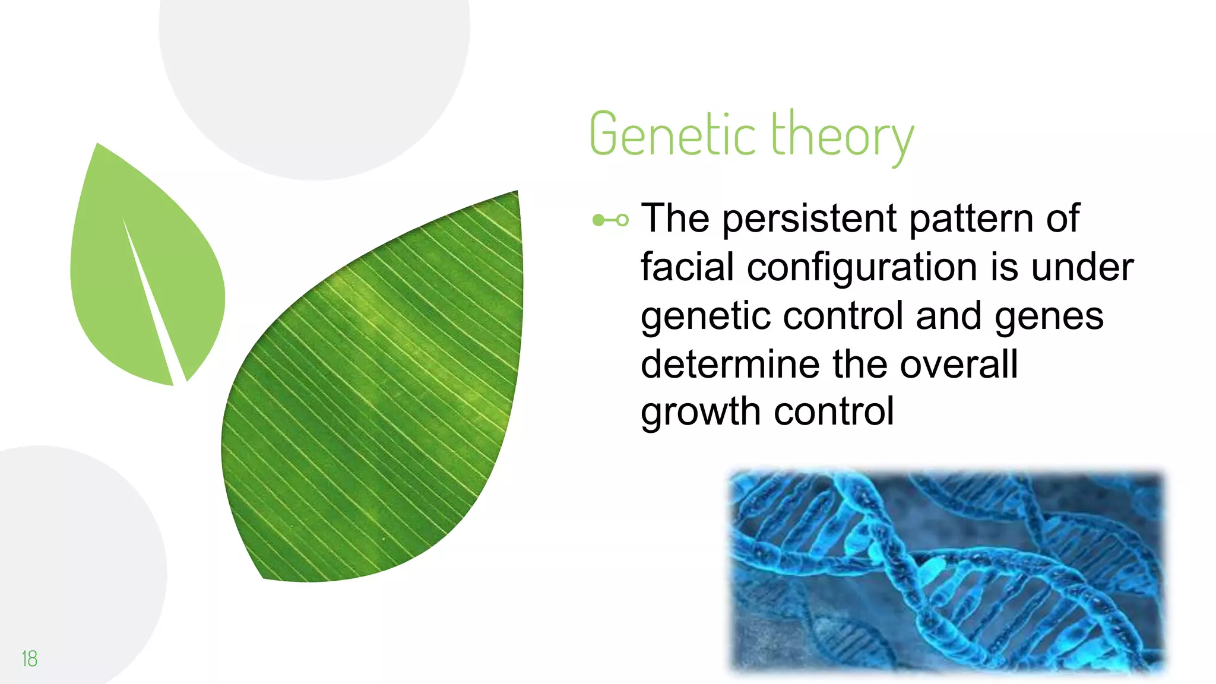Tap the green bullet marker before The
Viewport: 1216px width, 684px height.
point(610,220)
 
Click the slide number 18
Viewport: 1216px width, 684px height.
point(29,658)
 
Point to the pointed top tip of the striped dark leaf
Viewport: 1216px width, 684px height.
point(516,192)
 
